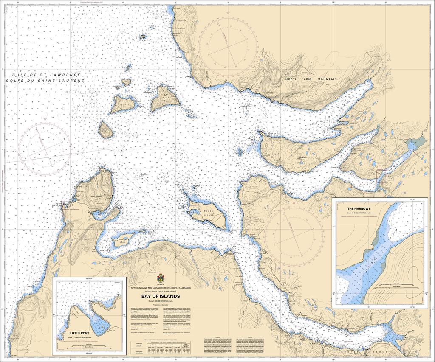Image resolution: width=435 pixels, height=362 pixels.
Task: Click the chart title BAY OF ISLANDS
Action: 161,296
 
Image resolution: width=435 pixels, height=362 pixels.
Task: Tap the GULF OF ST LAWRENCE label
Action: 47,75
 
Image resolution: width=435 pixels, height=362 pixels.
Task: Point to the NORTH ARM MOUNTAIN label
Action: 311,79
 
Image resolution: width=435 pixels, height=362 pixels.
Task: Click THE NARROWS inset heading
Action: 359,209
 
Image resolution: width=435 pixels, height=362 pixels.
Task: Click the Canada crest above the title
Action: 161,278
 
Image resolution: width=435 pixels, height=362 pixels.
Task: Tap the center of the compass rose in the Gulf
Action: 45,146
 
